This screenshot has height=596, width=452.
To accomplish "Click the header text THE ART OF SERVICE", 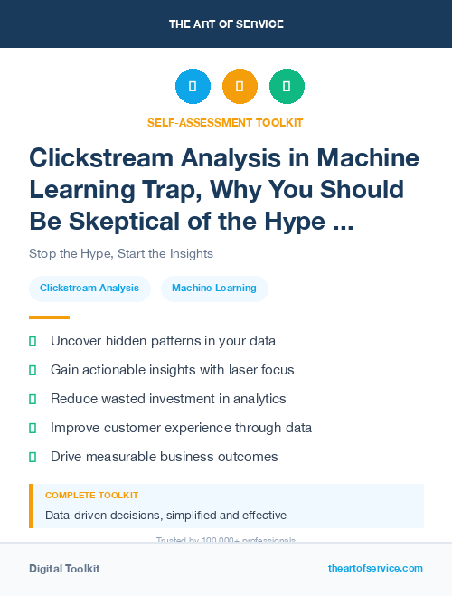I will (x=225, y=24).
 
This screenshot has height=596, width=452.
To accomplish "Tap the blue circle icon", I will (x=193, y=87).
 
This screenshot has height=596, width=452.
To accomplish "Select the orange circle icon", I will (x=240, y=87).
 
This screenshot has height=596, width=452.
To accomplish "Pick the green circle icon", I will (x=287, y=87).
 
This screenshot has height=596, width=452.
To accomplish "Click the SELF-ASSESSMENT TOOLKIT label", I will (x=225, y=122).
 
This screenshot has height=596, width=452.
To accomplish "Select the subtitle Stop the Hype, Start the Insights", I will (x=121, y=253).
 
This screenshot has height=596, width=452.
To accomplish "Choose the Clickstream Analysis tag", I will (x=89, y=289).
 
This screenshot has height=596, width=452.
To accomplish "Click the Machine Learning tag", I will (x=214, y=289).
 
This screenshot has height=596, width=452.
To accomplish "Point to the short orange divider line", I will (x=49, y=317).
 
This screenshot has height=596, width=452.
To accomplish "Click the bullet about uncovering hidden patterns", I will (x=163, y=341).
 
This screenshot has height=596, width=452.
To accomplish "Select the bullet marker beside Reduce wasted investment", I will (x=33, y=399).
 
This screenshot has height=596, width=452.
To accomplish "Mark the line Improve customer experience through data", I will (x=181, y=428).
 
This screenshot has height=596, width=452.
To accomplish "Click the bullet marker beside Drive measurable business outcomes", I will (x=33, y=457).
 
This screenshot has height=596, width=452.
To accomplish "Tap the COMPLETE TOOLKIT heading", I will (x=91, y=496).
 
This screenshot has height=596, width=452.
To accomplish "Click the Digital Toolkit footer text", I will (x=64, y=569).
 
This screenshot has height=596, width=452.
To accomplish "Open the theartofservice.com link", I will (x=375, y=568).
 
